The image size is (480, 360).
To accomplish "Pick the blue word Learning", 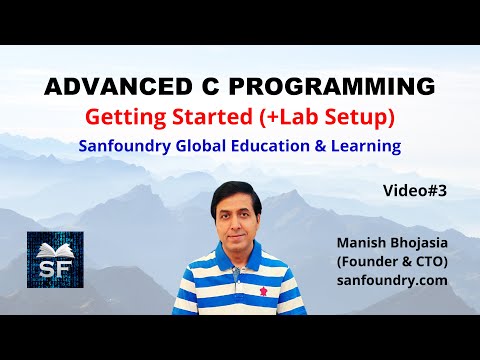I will [366, 146].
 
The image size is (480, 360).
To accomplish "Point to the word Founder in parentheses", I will [375, 261].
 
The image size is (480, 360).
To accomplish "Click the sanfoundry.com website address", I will [393, 282].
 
